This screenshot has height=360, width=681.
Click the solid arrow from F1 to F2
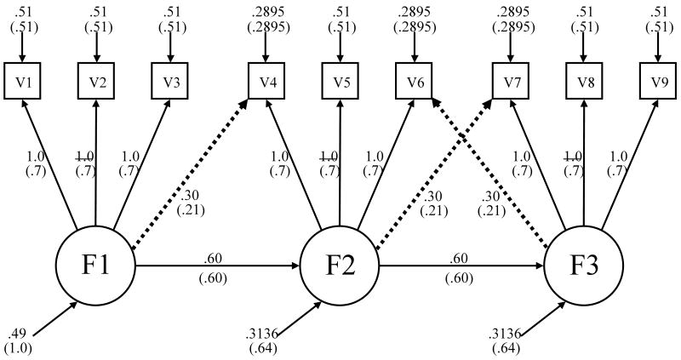217,266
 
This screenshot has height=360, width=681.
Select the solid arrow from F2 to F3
462,266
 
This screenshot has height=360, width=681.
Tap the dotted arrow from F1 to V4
192,170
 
